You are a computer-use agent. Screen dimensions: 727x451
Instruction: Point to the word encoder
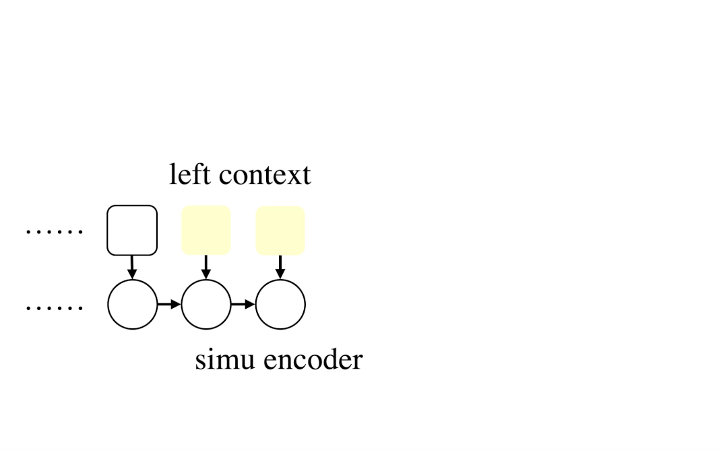pos(313,359)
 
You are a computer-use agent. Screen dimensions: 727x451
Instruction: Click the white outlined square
pos(132,231)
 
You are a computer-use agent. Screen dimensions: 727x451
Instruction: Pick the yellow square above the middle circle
pos(206,231)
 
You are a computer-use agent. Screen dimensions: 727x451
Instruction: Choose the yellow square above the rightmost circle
pos(280,231)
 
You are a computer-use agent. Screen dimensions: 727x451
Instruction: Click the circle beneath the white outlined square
pos(132,305)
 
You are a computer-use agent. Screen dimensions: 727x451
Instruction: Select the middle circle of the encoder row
pos(206,305)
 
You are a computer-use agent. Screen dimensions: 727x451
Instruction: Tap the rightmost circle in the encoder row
pos(280,305)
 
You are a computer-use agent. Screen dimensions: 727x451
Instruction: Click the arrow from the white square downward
pos(132,267)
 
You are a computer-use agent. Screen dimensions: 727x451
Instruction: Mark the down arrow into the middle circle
pos(206,267)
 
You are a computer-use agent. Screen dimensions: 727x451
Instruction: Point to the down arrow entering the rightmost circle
pos(280,267)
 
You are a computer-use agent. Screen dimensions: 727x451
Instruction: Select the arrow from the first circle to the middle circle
pos(169,305)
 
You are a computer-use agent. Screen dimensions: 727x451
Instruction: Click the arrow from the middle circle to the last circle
pos(243,305)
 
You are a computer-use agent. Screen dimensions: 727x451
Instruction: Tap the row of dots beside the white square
pos(54,233)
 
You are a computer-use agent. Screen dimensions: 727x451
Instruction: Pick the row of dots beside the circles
pos(54,308)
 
